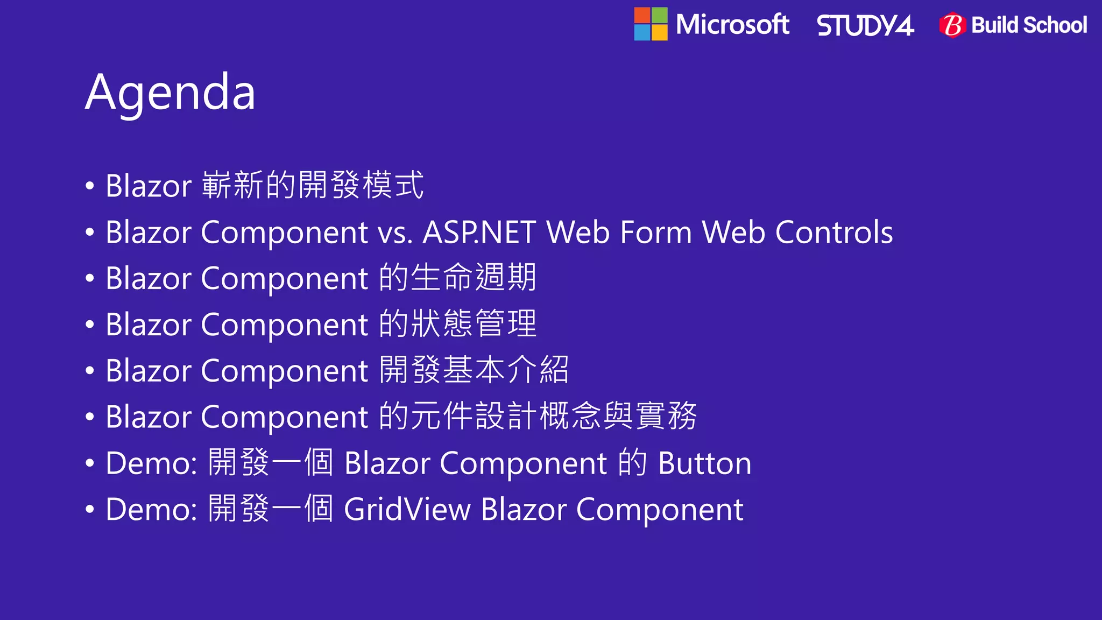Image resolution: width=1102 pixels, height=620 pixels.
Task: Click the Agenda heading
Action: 170,93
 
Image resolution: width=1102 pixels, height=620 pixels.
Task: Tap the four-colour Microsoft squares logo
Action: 651,24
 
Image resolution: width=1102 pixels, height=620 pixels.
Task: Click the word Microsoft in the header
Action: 732,25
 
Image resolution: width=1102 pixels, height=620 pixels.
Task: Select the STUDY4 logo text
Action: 865,26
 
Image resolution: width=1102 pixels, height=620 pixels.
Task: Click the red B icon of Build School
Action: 952,25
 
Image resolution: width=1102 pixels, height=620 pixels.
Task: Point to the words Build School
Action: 1029,25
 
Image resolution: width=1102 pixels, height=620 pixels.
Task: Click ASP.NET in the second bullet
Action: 479,232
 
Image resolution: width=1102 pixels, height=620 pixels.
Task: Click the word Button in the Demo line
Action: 704,463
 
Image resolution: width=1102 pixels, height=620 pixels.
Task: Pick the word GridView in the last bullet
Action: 407,510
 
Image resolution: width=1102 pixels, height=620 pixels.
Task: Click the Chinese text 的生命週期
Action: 457,278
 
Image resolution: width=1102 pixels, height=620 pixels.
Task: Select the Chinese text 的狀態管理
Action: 457,324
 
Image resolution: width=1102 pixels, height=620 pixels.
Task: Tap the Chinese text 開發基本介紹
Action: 474,370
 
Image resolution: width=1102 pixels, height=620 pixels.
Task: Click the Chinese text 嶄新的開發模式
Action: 313,185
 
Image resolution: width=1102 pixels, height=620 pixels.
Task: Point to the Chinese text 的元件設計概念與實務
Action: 538,417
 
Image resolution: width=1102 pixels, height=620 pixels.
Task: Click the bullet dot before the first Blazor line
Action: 90,186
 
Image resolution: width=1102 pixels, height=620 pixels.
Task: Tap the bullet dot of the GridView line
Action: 90,510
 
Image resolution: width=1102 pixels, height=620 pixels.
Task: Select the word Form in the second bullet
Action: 655,232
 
